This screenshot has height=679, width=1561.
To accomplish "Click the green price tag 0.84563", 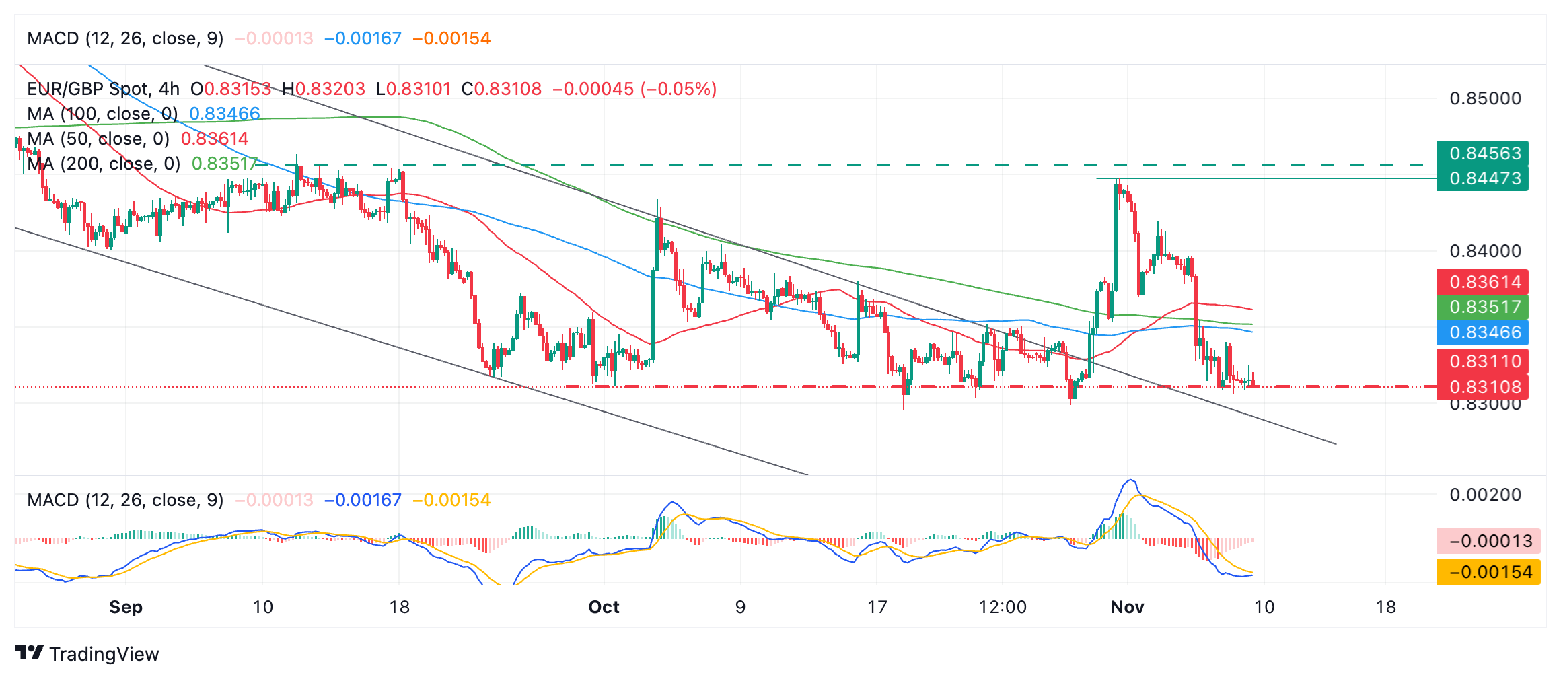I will pos(1484,153).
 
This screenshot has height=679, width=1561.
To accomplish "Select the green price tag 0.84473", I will pos(1484,178).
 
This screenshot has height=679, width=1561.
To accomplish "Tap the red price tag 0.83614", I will pos(1484,282).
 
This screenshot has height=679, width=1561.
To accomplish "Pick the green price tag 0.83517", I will pos(1484,307).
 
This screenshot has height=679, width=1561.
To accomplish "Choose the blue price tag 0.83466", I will pos(1484,332).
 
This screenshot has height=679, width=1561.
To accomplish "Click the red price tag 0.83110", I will pos(1484,361).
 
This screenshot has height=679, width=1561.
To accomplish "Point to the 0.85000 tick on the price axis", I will pos(1485,98).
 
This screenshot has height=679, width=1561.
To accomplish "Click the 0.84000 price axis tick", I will pos(1485,251).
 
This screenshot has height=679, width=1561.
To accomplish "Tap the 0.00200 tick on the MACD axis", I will pos(1485,495).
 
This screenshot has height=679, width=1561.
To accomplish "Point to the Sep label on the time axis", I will pos(126,607).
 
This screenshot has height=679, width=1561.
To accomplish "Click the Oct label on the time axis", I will pos(604,607).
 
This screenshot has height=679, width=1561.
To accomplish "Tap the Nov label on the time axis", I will pos(1127,607).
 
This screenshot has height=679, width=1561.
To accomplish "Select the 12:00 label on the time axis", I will pos(1002,607).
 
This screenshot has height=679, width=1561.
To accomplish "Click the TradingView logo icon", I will pos(29,653).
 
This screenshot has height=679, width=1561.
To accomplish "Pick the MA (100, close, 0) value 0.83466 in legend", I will pos(225,114).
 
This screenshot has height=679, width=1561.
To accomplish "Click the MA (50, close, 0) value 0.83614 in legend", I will pos(215,139).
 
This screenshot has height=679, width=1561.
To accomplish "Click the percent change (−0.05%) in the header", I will pos(678,89).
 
